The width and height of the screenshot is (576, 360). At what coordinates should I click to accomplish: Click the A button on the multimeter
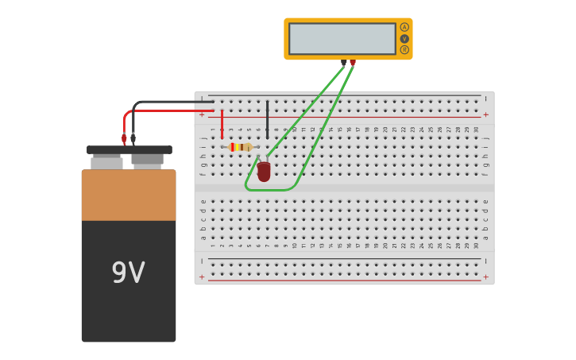tap(404, 27)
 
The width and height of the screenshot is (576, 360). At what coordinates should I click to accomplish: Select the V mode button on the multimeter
tap(404, 38)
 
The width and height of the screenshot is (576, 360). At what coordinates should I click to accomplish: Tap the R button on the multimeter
tap(404, 49)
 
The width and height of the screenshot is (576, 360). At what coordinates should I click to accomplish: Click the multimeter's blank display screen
tap(342, 38)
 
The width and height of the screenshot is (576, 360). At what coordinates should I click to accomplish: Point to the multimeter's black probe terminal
tap(344, 62)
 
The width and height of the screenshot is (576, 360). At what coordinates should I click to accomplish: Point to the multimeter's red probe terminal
tap(353, 62)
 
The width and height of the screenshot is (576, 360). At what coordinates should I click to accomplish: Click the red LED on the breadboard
tap(264, 171)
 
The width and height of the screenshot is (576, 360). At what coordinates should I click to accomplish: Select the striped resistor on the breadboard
tap(240, 147)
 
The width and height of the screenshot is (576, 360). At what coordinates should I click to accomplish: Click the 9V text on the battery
tap(128, 273)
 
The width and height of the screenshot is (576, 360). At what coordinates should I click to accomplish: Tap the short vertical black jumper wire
tap(267, 119)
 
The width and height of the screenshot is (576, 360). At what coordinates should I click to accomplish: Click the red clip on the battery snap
tap(124, 139)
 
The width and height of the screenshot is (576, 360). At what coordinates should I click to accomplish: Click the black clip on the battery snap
tap(133, 139)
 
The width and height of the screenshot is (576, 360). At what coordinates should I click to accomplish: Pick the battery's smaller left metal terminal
tap(106, 162)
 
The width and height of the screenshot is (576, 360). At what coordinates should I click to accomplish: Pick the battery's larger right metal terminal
tap(147, 161)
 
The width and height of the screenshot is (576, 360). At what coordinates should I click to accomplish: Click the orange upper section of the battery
tap(129, 195)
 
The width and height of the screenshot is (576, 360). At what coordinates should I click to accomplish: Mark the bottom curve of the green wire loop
tap(270, 190)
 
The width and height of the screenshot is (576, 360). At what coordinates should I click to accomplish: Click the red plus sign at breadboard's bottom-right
tap(485, 277)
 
